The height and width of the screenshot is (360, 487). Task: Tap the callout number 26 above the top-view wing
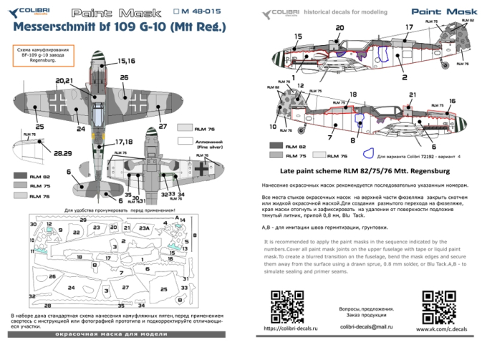tap(125, 77)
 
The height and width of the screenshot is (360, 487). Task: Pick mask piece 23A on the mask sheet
tap(144, 228)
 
